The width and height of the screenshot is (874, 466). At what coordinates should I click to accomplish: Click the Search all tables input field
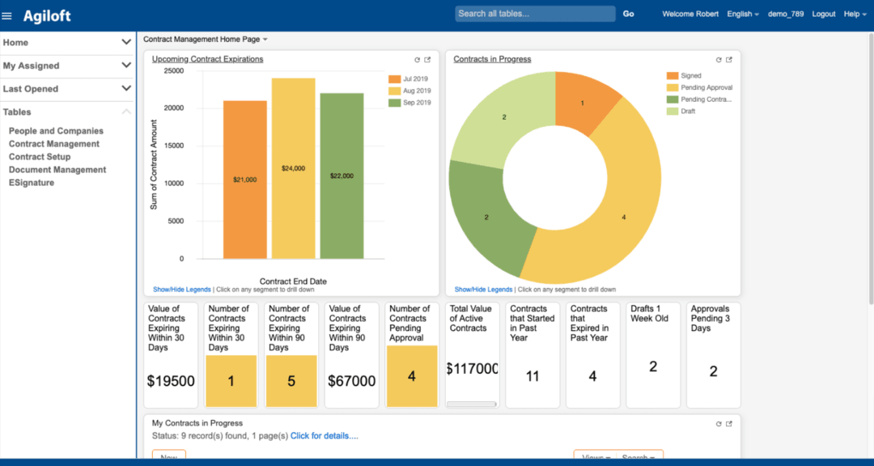535,14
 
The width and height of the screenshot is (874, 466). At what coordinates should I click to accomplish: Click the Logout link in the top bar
823,14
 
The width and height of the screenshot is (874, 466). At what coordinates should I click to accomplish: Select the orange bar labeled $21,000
244,180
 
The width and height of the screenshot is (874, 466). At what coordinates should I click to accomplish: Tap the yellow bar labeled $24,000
293,168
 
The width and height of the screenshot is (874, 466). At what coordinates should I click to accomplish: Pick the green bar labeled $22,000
342,176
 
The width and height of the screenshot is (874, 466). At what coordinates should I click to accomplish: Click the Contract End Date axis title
293,282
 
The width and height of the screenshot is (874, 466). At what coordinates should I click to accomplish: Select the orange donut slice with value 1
584,101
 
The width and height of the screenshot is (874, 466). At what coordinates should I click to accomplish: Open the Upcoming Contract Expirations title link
207,59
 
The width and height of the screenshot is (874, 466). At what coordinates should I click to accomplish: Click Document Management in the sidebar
57,170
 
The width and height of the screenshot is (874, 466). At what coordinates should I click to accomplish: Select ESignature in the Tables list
32,183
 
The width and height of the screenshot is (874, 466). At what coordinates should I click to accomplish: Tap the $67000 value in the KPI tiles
352,381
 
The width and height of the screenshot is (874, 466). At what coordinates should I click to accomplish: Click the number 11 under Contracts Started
532,376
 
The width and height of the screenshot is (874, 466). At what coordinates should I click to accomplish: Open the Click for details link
324,436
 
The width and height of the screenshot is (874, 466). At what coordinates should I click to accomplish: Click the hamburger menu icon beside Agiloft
7,15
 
